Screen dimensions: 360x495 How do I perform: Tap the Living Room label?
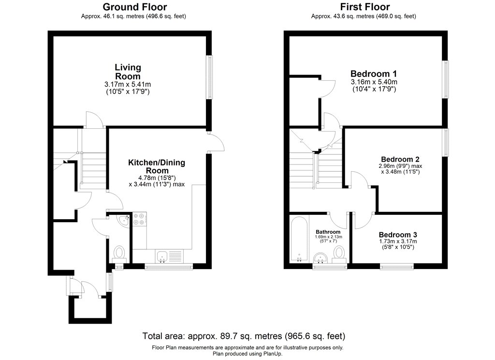point(128,72)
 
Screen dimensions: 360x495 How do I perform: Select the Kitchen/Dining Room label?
point(156,166)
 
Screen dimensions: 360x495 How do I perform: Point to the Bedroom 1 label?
point(374,74)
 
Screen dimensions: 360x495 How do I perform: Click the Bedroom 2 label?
point(400,159)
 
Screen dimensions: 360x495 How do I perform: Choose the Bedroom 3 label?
point(398,234)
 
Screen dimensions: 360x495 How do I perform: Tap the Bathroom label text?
point(328,231)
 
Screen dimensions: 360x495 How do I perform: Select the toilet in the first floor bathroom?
point(339,254)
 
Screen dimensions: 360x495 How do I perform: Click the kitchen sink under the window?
point(162,256)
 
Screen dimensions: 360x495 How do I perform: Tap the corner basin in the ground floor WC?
point(124,221)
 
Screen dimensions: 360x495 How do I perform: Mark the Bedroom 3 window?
point(397,266)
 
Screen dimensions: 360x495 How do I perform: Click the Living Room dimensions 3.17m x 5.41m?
point(128,85)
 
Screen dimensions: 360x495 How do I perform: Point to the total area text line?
point(244,336)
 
